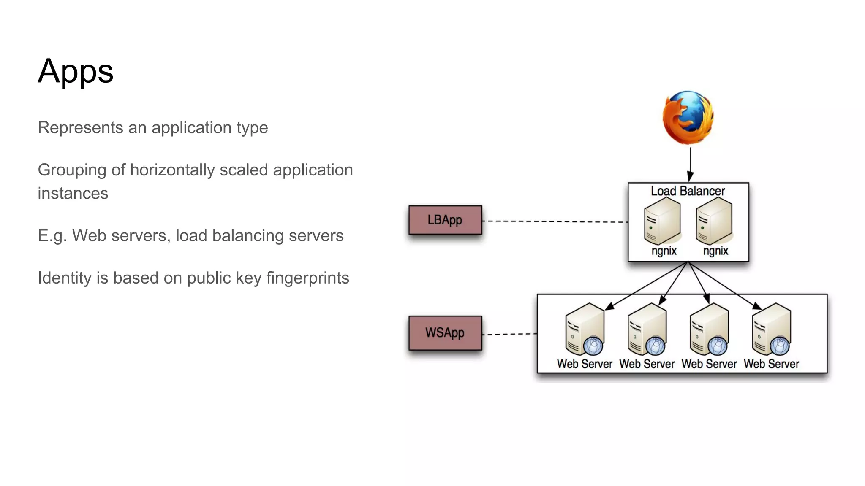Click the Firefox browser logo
tap(688, 118)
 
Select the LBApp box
tap(445, 220)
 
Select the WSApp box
tap(445, 333)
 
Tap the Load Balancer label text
tap(688, 191)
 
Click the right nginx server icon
tap(714, 221)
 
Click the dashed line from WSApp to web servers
tap(509, 334)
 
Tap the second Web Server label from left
tap(647, 364)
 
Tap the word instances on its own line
tap(73, 193)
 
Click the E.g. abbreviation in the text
tap(52, 236)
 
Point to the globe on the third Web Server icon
tap(717, 346)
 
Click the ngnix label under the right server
tap(715, 251)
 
